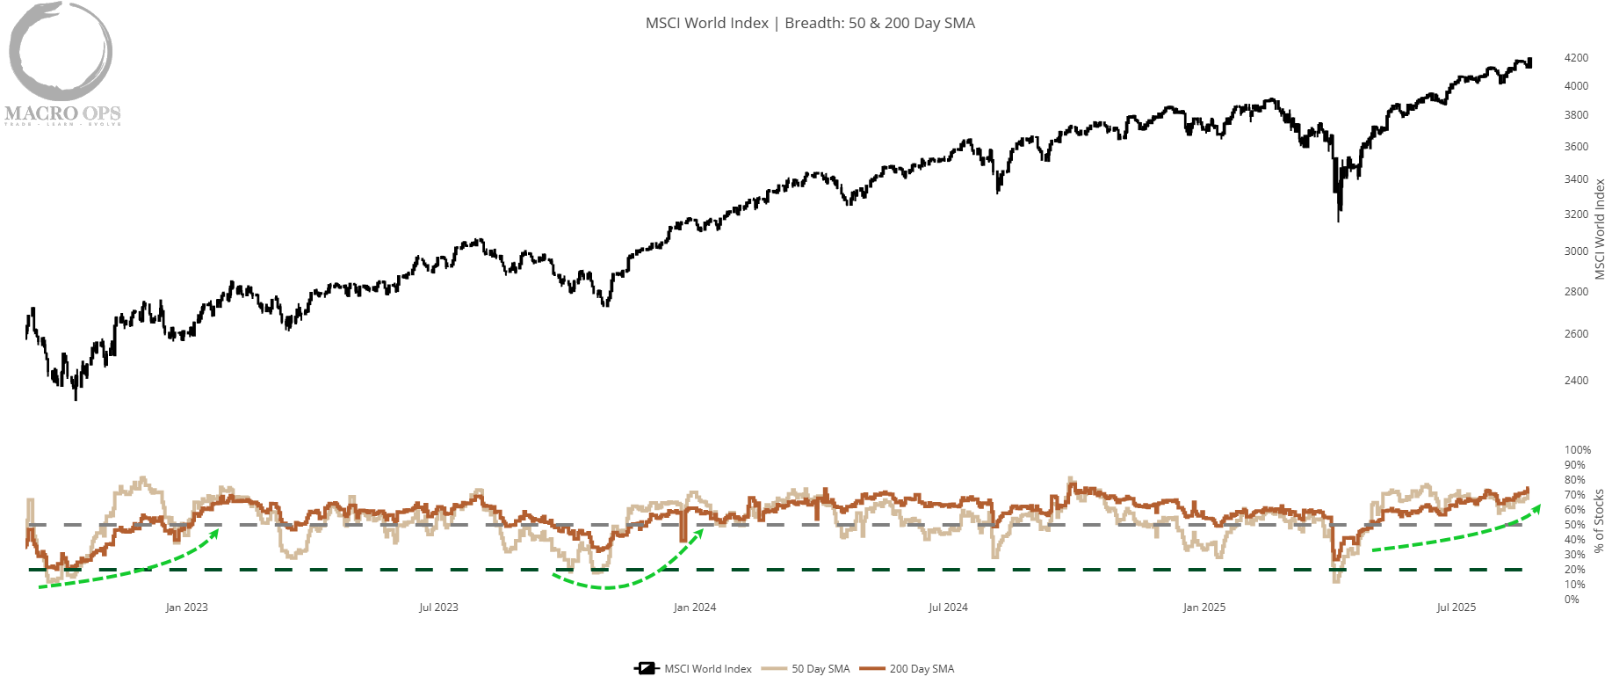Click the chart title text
click(810, 23)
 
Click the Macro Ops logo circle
click(61, 51)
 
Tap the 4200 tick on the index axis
click(1576, 58)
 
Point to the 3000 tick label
click(1576, 251)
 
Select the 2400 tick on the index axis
click(1576, 381)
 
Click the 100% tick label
click(1578, 450)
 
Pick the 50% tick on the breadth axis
click(1575, 525)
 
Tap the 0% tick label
click(1572, 600)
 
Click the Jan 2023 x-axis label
click(186, 608)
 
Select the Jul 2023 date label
click(438, 608)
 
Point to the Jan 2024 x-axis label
click(695, 608)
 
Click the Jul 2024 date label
click(948, 608)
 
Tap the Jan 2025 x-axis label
click(1204, 608)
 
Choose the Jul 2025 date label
click(1456, 608)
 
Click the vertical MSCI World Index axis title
click(1600, 229)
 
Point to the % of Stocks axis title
click(1600, 520)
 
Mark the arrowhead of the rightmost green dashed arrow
click(1536, 509)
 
